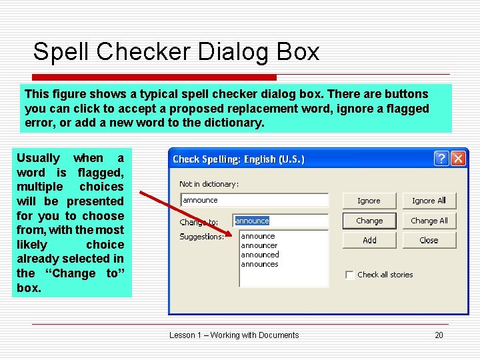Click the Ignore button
[x=369, y=201]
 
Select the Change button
[x=369, y=221]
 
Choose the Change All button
[x=429, y=221]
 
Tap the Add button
[x=369, y=240]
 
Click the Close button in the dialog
[x=429, y=240]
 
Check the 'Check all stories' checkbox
[x=349, y=275]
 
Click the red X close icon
[x=458, y=159]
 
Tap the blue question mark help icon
[x=441, y=159]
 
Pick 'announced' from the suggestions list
[x=260, y=255]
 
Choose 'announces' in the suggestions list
[x=259, y=264]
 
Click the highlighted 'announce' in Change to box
[x=252, y=221]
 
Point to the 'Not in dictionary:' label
[x=209, y=184]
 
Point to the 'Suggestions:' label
[x=201, y=237]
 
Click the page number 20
[x=439, y=335]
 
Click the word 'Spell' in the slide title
[x=58, y=51]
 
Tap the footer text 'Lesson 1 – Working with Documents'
[x=234, y=335]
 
